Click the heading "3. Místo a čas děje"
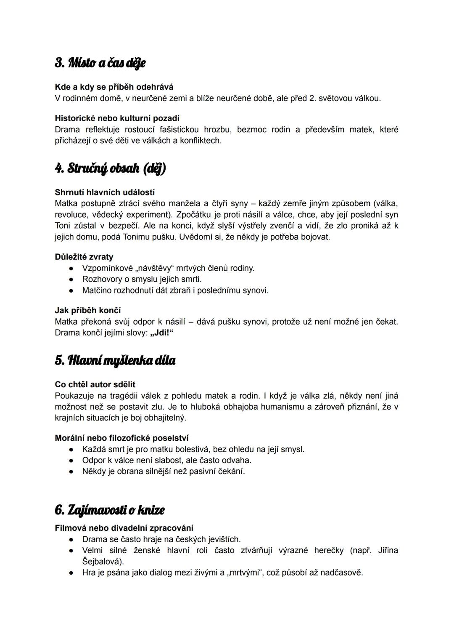[100, 63]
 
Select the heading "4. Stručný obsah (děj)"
[110, 168]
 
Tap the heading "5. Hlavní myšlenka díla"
[115, 360]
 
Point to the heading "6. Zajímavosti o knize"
[109, 510]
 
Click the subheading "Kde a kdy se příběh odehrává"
[114, 87]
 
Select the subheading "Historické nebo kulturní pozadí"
[117, 118]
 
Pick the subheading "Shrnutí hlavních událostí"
[105, 192]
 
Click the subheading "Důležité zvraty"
[84, 257]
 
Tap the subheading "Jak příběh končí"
[88, 310]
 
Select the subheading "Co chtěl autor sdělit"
[95, 384]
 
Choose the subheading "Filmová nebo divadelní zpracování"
[124, 528]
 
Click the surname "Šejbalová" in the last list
[102, 562]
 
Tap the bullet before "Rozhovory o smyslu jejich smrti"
[72, 279]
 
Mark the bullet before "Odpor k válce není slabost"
[72, 460]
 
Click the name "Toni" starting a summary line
[63, 226]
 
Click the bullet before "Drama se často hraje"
[72, 539]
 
